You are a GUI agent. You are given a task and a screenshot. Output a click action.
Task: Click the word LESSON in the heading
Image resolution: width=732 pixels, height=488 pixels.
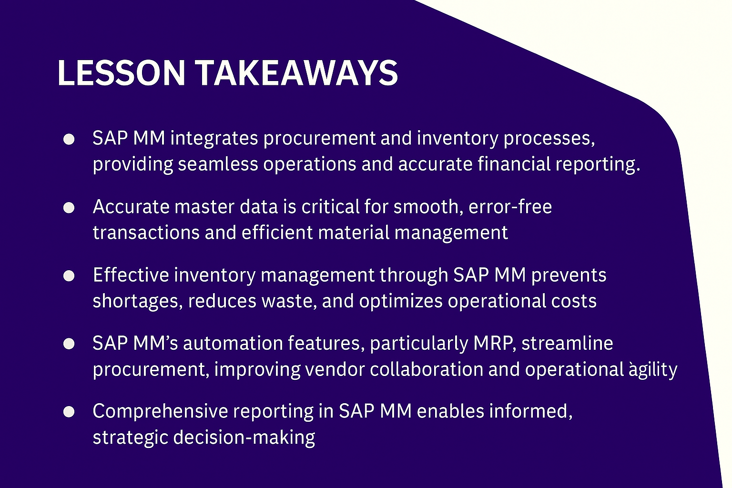(x=122, y=73)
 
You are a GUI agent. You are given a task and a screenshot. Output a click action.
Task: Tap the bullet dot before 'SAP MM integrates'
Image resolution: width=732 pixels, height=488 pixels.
(x=69, y=139)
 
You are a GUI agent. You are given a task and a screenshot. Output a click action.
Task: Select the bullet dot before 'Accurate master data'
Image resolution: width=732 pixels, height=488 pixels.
(x=69, y=208)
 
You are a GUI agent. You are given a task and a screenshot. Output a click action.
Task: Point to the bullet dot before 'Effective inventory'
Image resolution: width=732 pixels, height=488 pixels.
(x=69, y=276)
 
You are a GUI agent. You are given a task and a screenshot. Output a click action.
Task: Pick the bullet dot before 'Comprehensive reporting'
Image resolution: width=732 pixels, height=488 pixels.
(x=69, y=412)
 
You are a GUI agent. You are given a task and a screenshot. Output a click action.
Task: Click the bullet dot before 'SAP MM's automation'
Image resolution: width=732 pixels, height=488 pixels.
(x=69, y=344)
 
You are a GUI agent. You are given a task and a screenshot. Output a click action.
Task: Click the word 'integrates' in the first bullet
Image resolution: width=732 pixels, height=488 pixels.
(x=214, y=139)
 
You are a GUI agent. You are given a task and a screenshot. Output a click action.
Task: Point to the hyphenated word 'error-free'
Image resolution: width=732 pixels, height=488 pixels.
(x=510, y=207)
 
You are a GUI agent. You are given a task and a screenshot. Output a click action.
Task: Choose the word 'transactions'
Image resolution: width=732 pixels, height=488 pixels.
(x=146, y=233)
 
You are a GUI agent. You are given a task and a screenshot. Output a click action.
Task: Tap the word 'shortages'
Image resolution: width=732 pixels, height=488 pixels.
(x=138, y=301)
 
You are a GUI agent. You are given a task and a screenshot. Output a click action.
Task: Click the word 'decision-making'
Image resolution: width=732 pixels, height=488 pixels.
(x=244, y=438)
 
